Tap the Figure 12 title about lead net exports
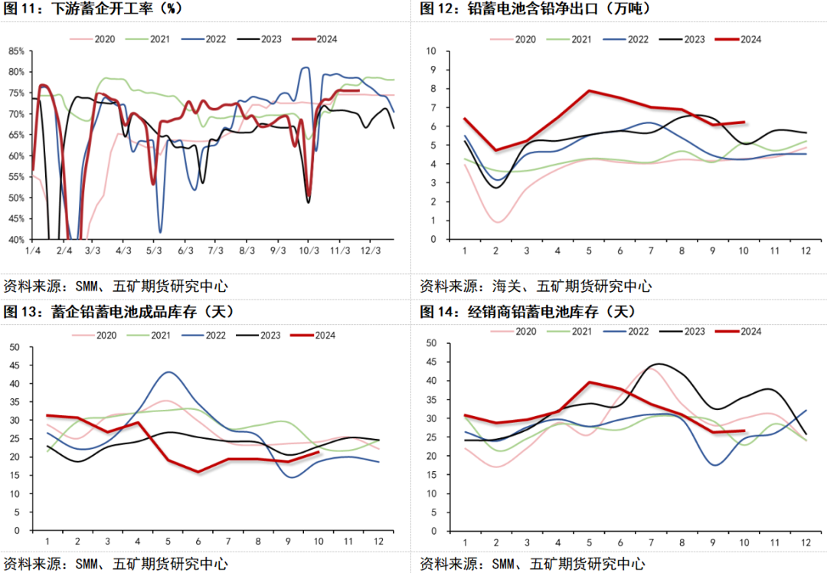[x=535, y=10]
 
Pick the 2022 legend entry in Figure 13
[x=196, y=335]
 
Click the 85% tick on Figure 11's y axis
[x=16, y=51]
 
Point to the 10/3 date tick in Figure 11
[x=309, y=250]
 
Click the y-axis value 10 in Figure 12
[x=430, y=51]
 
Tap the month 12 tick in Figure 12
[x=806, y=250]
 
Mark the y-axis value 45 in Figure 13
[x=13, y=365]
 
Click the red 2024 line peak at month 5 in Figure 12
[x=589, y=90]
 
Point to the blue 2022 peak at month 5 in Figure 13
[x=168, y=372]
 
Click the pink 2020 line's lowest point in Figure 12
[x=495, y=222]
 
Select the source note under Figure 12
[x=535, y=286]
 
